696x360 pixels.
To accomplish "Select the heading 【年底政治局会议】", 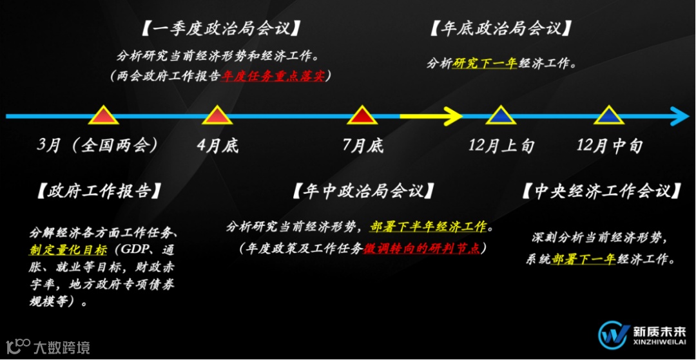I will coord(500,29).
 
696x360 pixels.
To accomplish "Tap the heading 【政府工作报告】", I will coord(98,191).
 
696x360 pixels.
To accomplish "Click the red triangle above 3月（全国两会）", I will coord(103,116).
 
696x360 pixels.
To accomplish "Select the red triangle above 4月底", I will coord(217,116).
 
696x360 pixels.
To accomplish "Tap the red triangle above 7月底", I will coord(362,116).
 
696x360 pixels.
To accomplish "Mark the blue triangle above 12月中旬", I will coord(609,116).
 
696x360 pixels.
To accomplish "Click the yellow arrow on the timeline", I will coord(430,117).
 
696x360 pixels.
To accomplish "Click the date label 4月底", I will coord(217,146).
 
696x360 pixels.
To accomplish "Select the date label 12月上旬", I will coord(501,146).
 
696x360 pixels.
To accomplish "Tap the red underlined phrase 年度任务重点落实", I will coord(274,76).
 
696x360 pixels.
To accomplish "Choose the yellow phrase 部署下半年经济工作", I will coord(427,227).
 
